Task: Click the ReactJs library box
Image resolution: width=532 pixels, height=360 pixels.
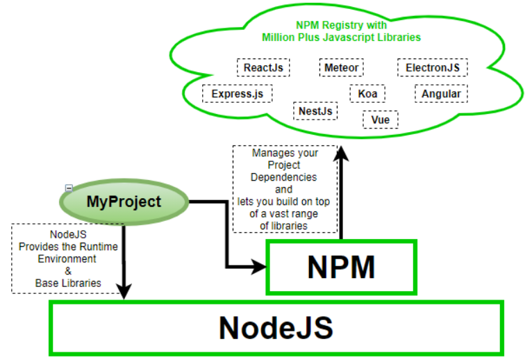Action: tap(263, 67)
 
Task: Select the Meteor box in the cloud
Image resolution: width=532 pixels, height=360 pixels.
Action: tap(342, 67)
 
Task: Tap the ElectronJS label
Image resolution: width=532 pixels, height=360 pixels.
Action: tap(432, 67)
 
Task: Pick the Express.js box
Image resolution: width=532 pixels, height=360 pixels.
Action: tap(238, 93)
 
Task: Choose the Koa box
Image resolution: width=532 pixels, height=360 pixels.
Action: tap(367, 93)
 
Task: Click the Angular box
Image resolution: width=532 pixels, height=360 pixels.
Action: tap(441, 93)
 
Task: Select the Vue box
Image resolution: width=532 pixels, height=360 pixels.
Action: tap(380, 120)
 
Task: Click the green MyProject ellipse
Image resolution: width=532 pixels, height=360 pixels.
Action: tap(124, 202)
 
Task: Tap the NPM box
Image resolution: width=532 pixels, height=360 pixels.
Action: tap(340, 267)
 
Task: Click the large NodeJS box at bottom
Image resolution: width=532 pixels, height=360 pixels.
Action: tap(276, 327)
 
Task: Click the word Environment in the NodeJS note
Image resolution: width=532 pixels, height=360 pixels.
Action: tap(68, 259)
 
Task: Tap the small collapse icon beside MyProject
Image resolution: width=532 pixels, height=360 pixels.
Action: tap(69, 188)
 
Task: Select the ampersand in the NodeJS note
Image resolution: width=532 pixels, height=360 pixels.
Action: tap(68, 270)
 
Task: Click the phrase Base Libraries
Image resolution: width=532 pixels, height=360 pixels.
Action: tap(68, 283)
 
